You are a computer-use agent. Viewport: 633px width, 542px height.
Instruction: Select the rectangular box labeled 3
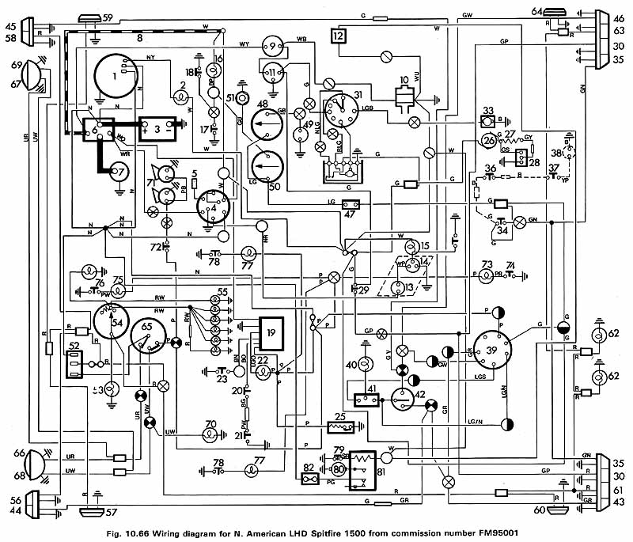[x=159, y=127]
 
